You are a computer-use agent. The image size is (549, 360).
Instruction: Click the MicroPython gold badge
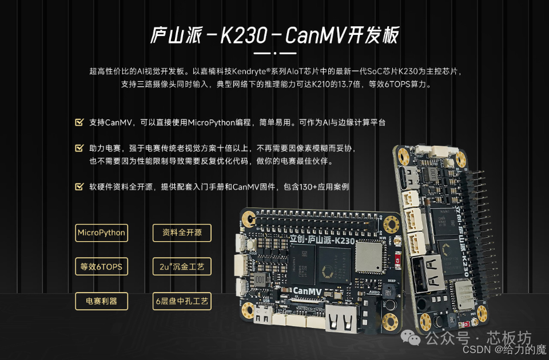102,233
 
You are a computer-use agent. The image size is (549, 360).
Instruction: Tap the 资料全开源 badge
182,233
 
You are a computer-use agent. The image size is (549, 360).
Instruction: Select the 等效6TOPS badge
102,267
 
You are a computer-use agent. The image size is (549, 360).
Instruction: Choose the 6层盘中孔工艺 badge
182,301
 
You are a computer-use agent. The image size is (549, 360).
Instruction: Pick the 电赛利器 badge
102,301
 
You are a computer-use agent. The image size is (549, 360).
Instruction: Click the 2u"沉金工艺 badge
182,267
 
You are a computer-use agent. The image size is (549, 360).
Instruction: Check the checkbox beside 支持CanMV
79,122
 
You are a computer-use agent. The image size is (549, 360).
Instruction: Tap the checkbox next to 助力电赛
79,148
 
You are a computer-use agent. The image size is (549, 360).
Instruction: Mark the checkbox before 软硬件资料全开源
79,186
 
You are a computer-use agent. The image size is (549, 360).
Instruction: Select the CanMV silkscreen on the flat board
308,291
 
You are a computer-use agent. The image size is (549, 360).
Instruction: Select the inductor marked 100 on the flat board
260,279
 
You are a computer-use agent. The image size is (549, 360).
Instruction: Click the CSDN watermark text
476,349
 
